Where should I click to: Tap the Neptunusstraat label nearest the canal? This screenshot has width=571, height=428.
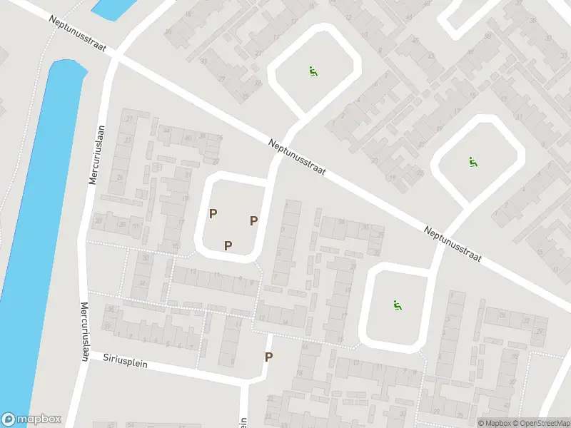click(x=79, y=33)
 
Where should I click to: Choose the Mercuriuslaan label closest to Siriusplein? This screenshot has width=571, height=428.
click(x=84, y=331)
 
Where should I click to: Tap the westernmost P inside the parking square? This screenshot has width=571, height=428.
click(x=213, y=213)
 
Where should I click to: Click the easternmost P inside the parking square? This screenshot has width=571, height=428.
click(x=253, y=221)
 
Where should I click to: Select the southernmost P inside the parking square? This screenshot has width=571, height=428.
click(x=228, y=246)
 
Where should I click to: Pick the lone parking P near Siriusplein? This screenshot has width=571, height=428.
click(x=268, y=357)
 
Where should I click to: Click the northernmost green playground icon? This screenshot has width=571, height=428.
click(x=312, y=71)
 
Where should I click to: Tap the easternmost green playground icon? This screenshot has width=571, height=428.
click(x=473, y=162)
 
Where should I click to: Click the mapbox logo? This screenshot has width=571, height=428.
click(x=31, y=419)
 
